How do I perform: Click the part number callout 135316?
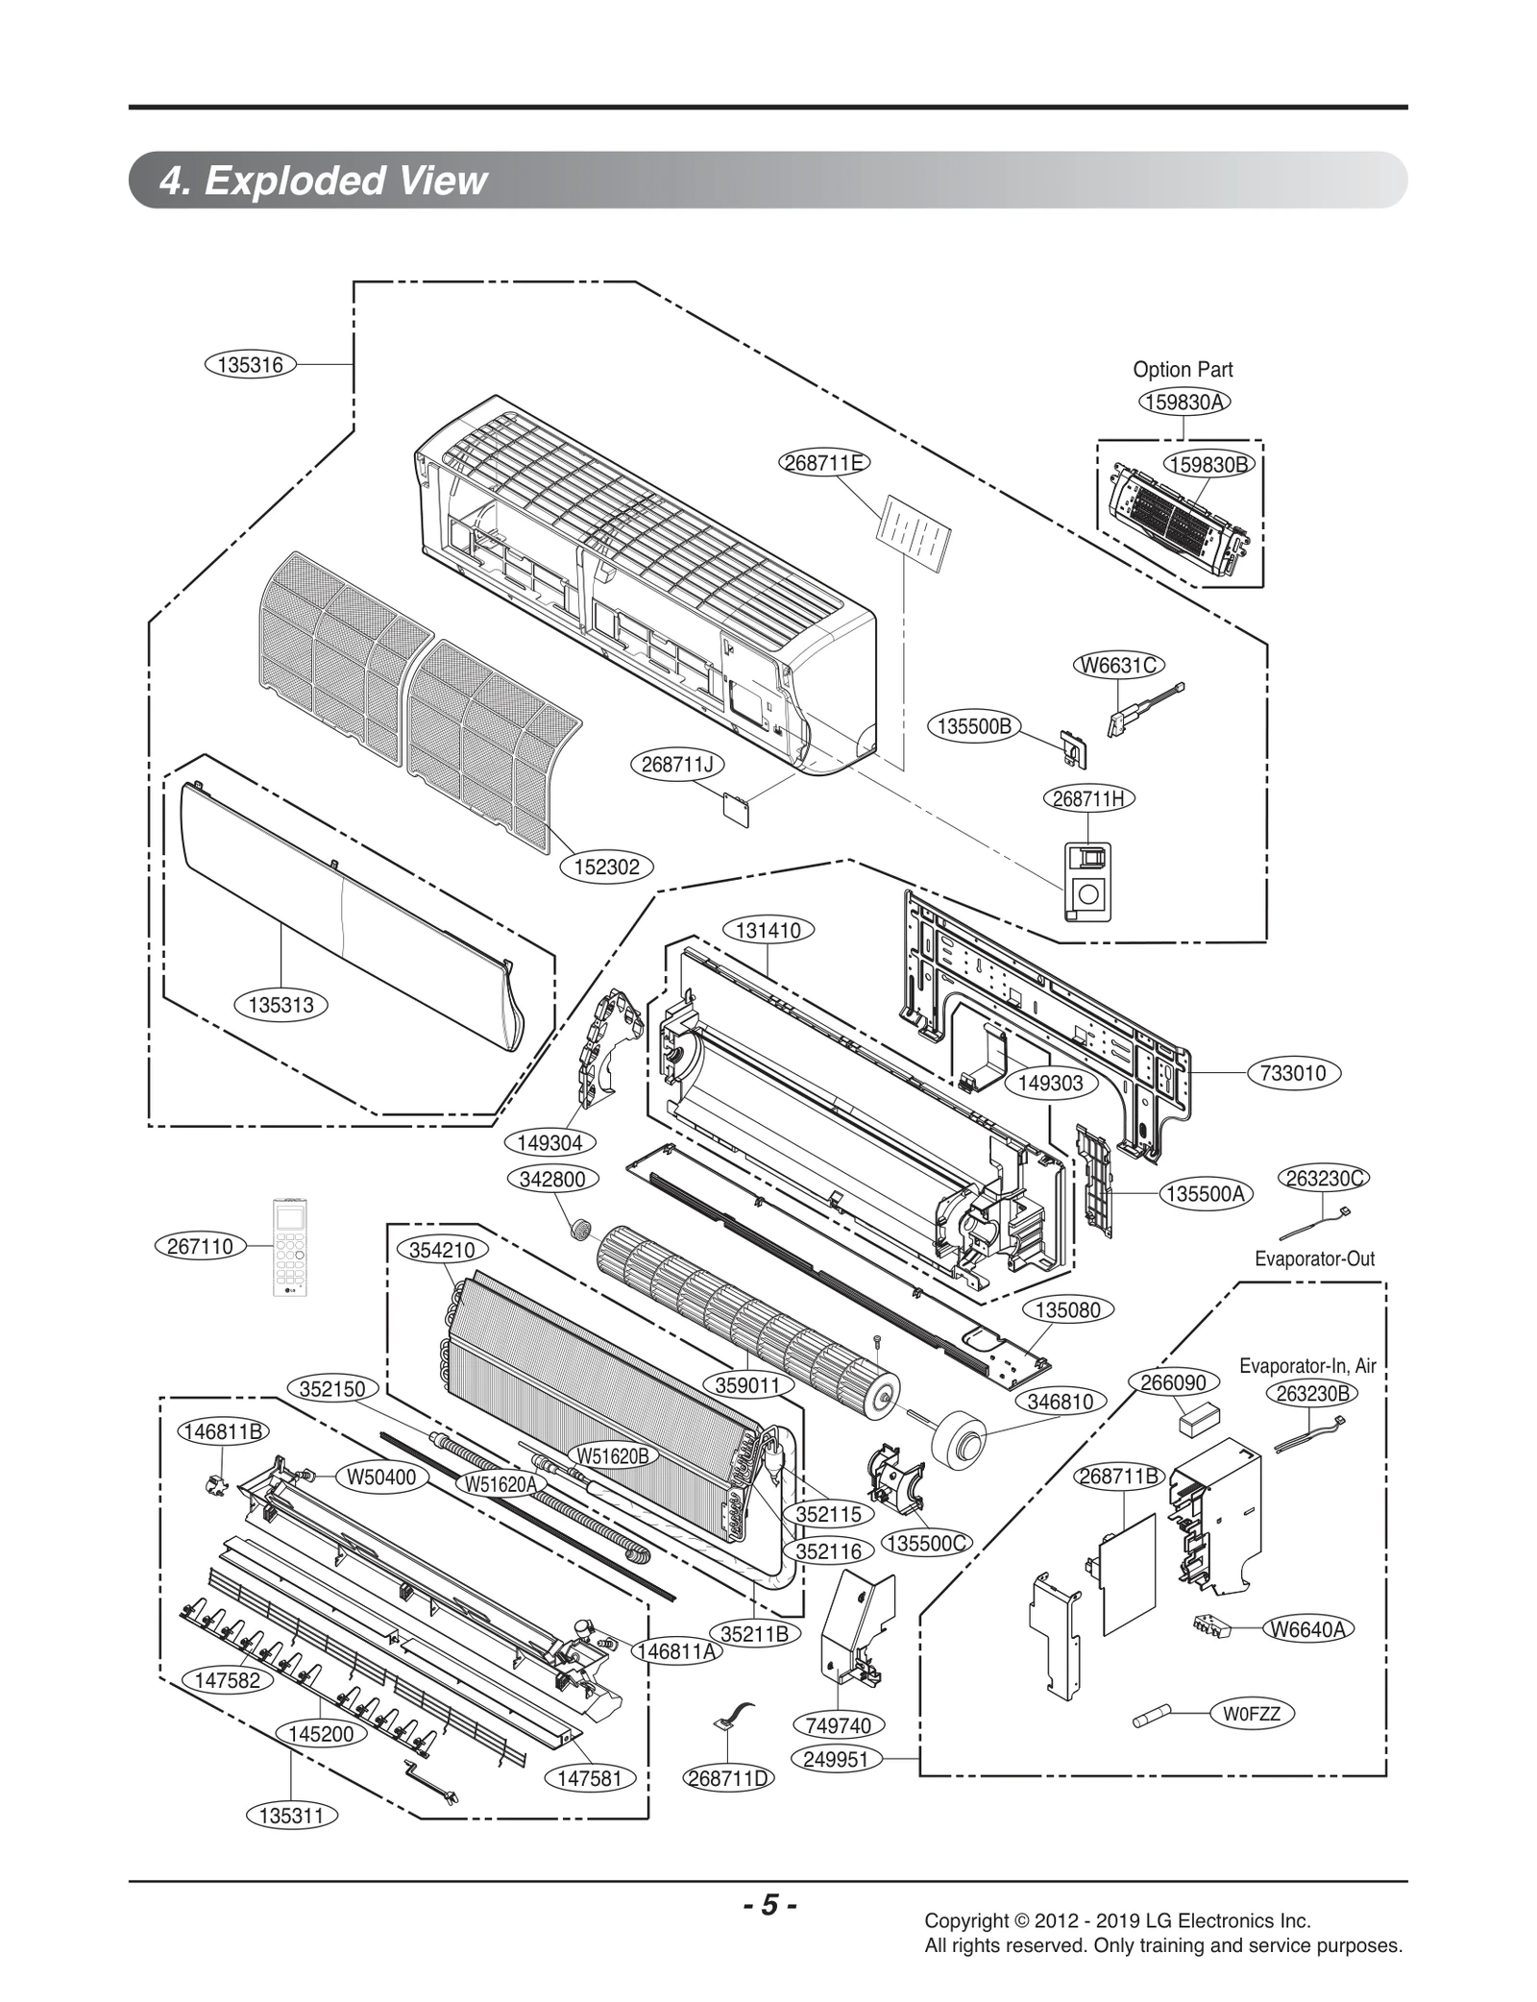click(x=250, y=364)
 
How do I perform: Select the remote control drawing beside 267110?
click(x=291, y=1246)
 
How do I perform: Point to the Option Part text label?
click(x=1182, y=369)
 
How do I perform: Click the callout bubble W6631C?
click(x=1118, y=665)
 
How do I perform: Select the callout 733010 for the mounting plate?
click(x=1293, y=1073)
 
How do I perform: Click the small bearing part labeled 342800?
click(x=579, y=1227)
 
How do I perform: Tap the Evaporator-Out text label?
click(x=1314, y=1258)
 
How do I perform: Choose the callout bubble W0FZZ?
click(x=1252, y=1713)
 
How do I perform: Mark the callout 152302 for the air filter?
click(x=606, y=867)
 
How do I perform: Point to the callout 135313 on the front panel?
click(x=281, y=1005)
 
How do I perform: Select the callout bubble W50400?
click(x=381, y=1477)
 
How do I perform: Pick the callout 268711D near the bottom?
click(x=728, y=1777)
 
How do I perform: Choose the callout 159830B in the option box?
click(x=1209, y=465)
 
